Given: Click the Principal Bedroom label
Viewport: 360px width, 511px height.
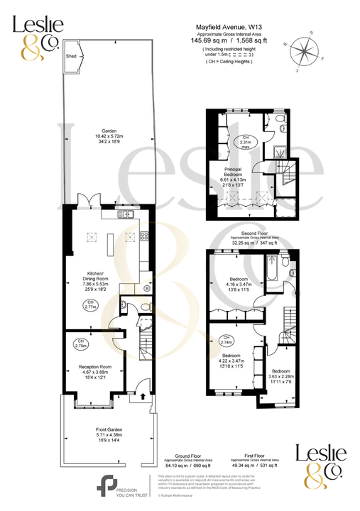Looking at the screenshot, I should (x=234, y=171).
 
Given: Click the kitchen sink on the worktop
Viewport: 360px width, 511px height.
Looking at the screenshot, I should (x=129, y=214).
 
